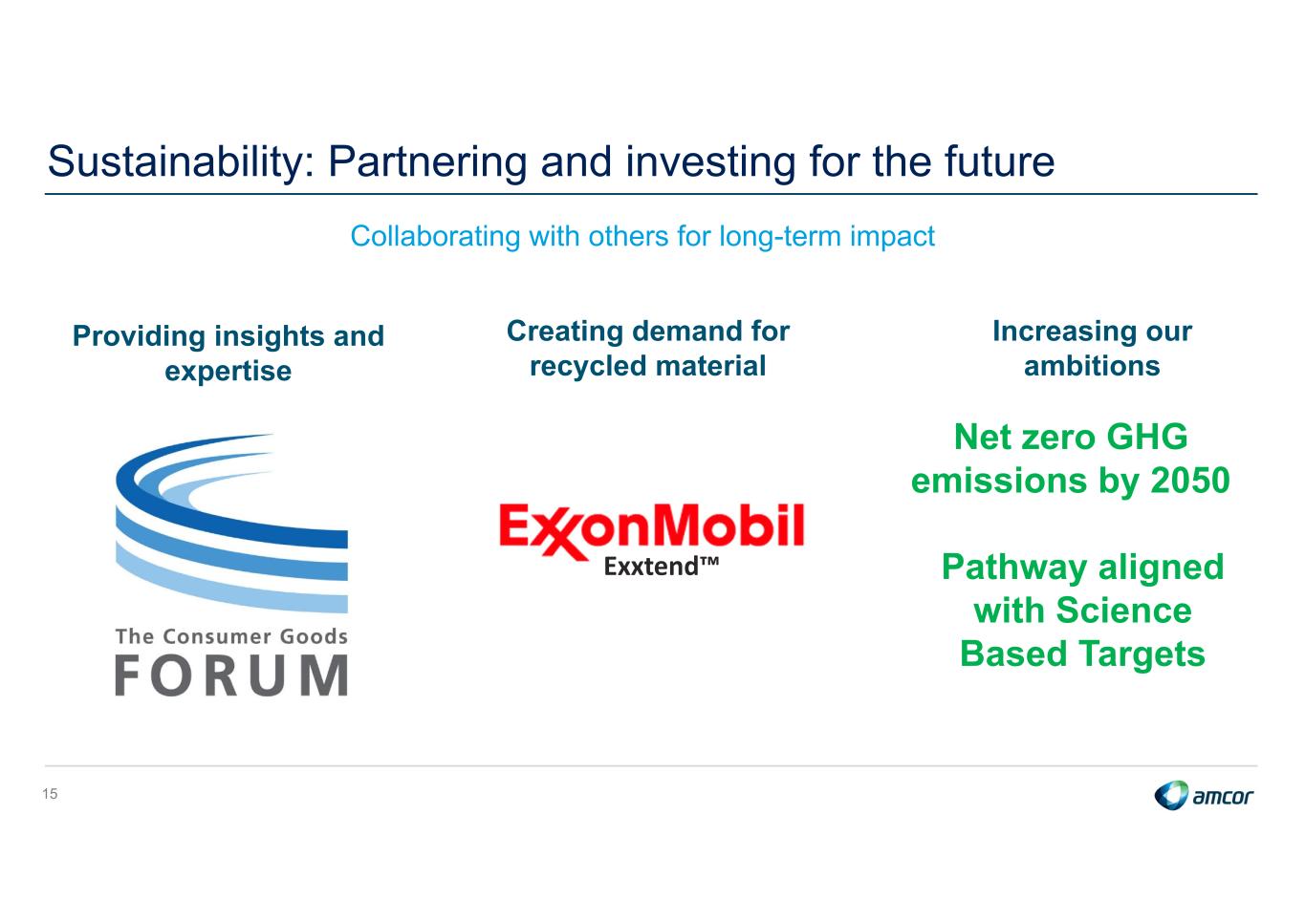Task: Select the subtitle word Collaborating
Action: pyautogui.click(x=435, y=237)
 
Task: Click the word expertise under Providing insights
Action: pyautogui.click(x=228, y=372)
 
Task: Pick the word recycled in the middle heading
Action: pyautogui.click(x=588, y=366)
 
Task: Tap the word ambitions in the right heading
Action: pyautogui.click(x=1092, y=366)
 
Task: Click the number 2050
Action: pyautogui.click(x=1189, y=481)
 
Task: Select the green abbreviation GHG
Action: pyautogui.click(x=1146, y=437)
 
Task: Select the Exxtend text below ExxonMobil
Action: pyautogui.click(x=662, y=567)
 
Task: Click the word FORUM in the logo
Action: pyautogui.click(x=231, y=675)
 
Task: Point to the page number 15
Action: pyautogui.click(x=50, y=793)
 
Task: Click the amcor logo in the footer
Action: pyautogui.click(x=1204, y=795)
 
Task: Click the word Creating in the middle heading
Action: pyautogui.click(x=565, y=332)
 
